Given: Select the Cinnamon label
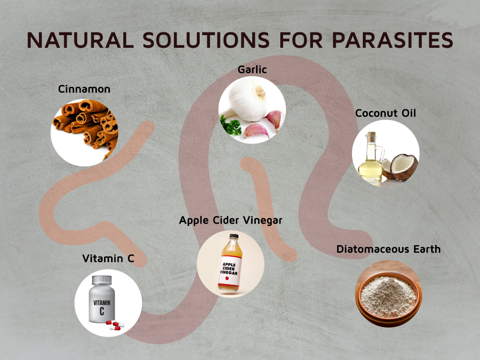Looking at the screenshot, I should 84,89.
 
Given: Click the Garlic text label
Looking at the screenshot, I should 252,70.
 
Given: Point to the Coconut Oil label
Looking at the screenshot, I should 385,113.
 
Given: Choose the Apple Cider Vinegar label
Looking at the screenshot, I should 231,220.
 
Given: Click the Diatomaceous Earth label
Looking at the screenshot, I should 389,249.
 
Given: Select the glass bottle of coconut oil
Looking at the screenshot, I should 370,159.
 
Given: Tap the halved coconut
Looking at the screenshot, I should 401,167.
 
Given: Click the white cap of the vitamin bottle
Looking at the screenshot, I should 102,280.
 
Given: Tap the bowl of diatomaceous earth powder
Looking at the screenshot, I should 389,296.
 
